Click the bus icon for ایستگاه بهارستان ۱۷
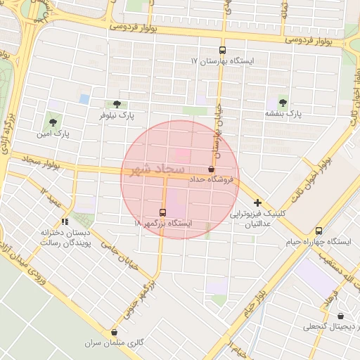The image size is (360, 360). pyautogui.click(x=223, y=50)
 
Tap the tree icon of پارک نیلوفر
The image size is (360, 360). pyautogui.click(x=117, y=103)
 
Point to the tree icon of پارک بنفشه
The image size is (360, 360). pyautogui.click(x=283, y=101)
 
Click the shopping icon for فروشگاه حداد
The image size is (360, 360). pyautogui.click(x=211, y=169)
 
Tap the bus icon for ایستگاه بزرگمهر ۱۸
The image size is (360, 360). pyautogui.click(x=163, y=212)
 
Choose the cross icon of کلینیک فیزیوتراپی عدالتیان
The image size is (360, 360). pyautogui.click(x=257, y=202)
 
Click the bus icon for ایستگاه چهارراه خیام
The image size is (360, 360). pyautogui.click(x=319, y=231)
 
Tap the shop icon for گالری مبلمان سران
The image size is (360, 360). pyautogui.click(x=115, y=333)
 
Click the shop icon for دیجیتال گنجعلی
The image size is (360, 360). pyautogui.click(x=341, y=316)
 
